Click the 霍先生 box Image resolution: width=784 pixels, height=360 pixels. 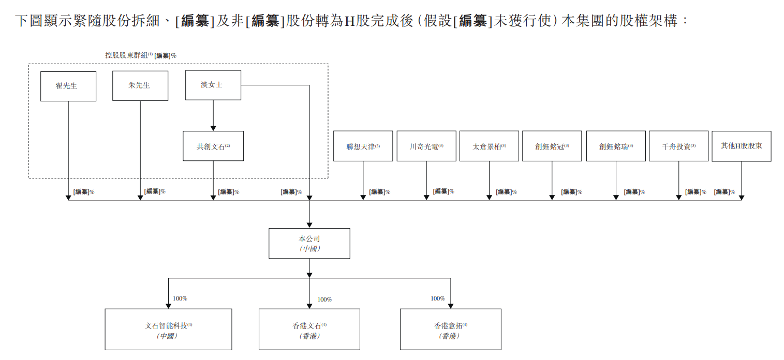[x=68, y=86]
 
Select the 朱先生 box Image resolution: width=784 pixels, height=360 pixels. [x=140, y=85]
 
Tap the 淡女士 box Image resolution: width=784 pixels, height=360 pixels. [x=213, y=85]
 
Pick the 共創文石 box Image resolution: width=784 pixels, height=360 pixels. [x=213, y=146]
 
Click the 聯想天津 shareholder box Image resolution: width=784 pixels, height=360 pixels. [x=363, y=146]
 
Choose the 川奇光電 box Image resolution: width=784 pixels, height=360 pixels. [x=426, y=146]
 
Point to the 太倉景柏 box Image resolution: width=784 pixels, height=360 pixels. [x=489, y=146]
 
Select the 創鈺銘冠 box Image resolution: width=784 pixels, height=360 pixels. [x=552, y=146]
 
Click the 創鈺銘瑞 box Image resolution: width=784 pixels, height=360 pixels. [x=616, y=146]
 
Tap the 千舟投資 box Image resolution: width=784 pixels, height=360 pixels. [x=678, y=146]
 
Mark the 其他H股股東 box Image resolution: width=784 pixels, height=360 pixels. [x=741, y=146]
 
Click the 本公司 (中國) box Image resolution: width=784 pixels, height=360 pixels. [x=309, y=243]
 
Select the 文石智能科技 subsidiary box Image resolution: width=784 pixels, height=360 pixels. [x=168, y=329]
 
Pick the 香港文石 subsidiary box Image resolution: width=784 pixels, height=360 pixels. [x=309, y=329]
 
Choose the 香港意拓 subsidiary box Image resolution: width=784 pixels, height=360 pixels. [x=450, y=329]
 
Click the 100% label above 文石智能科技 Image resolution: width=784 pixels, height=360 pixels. [x=180, y=298]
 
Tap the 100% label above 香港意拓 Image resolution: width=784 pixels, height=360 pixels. [x=438, y=298]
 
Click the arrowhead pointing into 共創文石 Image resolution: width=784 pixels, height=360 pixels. [x=213, y=128]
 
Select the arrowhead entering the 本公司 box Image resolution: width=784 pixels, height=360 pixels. [x=309, y=225]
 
